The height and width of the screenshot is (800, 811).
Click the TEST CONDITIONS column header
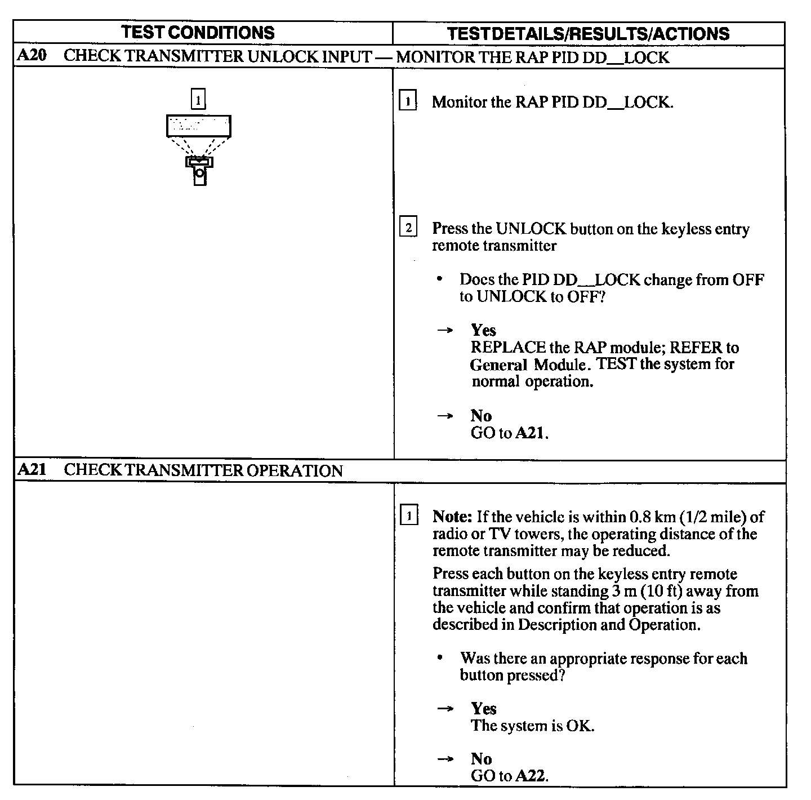coord(198,33)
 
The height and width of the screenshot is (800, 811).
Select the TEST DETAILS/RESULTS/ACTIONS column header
coord(588,34)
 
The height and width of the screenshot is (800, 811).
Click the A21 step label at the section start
coord(32,470)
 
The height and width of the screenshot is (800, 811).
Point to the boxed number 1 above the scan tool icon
coord(198,100)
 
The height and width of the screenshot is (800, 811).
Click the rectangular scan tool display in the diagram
coord(198,126)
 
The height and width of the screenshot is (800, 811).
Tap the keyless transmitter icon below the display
coord(199,170)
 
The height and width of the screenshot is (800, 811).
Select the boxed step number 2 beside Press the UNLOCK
coord(408,228)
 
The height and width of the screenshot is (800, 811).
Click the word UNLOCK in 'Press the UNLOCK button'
coord(531,229)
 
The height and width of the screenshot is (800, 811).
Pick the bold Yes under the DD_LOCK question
coord(483,330)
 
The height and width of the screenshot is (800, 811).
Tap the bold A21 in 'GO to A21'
coord(531,433)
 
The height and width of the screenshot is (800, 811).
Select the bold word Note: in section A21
coord(452,517)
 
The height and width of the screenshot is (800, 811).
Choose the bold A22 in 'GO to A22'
coord(531,776)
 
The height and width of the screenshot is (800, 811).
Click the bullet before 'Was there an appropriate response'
coord(439,657)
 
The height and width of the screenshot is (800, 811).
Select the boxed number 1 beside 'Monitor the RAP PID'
coord(408,102)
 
